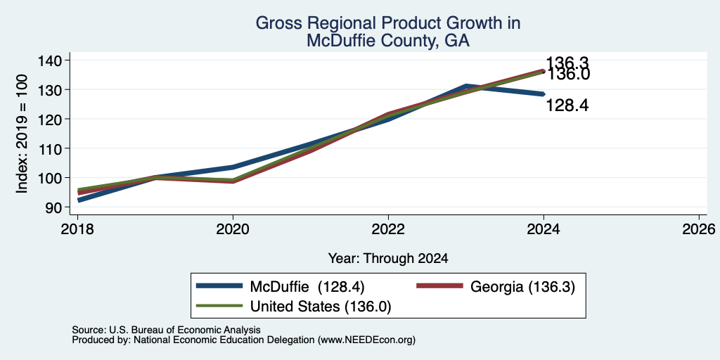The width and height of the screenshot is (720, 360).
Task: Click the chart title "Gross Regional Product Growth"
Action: (387, 23)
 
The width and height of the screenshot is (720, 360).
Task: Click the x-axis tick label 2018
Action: (77, 229)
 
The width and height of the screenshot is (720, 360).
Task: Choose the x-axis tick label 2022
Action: (388, 229)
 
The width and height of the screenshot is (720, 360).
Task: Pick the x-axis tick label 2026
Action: (699, 229)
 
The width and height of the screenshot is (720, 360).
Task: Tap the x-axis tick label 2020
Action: (233, 229)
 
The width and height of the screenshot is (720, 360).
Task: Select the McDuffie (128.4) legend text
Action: (307, 287)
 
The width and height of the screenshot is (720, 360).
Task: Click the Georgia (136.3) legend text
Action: (522, 287)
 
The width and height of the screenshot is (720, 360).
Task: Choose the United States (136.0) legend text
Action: (320, 307)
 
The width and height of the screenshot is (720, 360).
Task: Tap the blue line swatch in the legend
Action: (219, 286)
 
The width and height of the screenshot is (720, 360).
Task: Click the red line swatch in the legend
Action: (439, 286)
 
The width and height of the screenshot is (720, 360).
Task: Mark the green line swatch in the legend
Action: (219, 305)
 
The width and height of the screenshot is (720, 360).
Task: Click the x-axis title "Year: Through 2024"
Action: (388, 259)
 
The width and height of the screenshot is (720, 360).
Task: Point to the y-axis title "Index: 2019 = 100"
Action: (22, 134)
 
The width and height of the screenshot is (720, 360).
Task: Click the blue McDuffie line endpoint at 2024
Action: (544, 94)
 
